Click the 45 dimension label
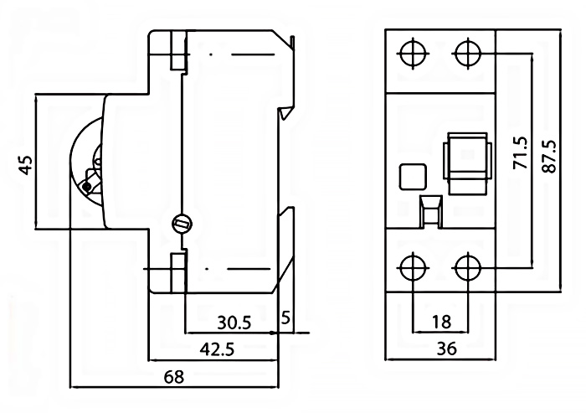(x=26, y=163)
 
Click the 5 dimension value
(x=287, y=318)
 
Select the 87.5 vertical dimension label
(x=548, y=156)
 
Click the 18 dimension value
(x=441, y=322)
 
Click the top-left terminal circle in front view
(x=413, y=53)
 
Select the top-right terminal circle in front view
(x=467, y=53)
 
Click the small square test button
(x=412, y=177)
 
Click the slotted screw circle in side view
(x=182, y=224)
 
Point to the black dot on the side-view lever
(x=86, y=186)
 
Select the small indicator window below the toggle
(x=430, y=211)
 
